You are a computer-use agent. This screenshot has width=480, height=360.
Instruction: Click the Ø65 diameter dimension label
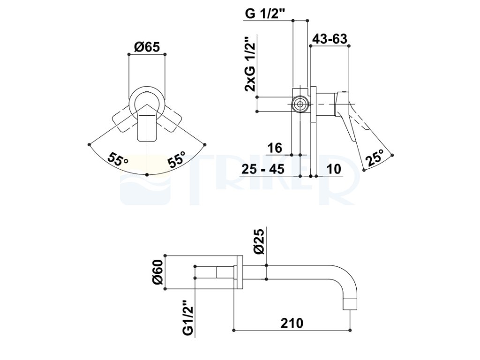click(x=147, y=47)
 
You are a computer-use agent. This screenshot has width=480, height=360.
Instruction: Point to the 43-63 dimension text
click(x=330, y=39)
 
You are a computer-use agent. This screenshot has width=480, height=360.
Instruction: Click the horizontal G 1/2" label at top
click(x=265, y=14)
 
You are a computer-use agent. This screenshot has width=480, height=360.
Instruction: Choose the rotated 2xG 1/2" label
click(x=250, y=64)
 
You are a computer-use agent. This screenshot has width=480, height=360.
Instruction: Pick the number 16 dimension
click(x=275, y=148)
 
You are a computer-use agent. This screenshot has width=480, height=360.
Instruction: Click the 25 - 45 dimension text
click(x=263, y=169)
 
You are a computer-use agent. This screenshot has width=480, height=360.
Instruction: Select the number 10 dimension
click(x=334, y=169)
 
